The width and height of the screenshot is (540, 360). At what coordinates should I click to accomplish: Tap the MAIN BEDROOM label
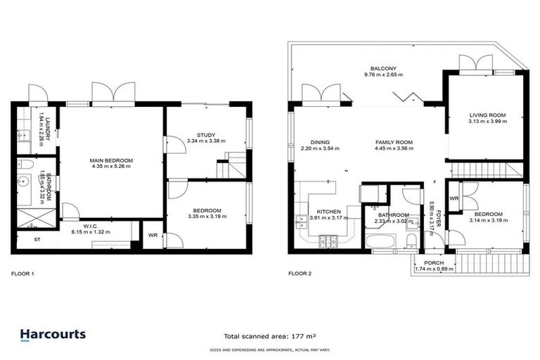tap(111, 161)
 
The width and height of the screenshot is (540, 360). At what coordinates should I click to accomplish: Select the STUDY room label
tap(206, 135)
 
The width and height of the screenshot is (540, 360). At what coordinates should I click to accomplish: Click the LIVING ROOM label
tap(487, 115)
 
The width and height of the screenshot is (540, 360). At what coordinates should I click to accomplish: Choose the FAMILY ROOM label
tap(393, 142)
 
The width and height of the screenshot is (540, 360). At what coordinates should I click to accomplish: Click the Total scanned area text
tap(269, 336)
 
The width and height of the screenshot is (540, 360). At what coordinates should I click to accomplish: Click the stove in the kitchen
tap(328, 242)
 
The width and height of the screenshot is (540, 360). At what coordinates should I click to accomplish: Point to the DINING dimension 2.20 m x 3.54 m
tap(310, 148)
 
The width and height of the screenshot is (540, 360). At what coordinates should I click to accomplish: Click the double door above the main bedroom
tap(112, 94)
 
